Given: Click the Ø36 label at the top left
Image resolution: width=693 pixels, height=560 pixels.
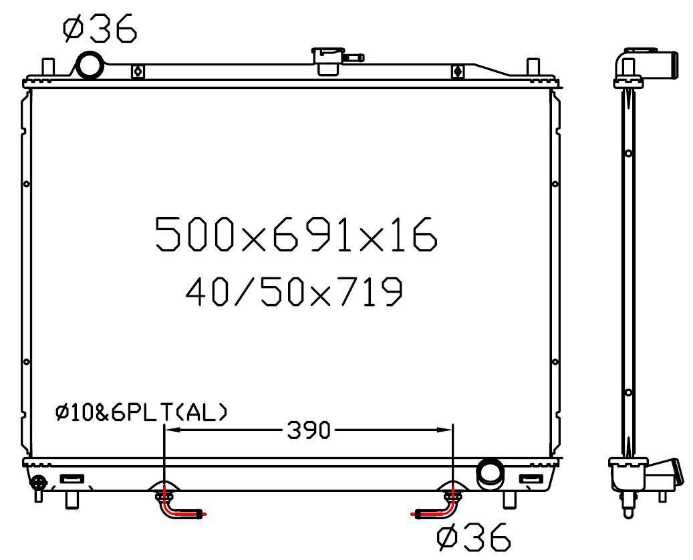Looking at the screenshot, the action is point(100,28).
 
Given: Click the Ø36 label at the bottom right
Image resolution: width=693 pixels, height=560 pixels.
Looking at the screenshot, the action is point(474,537).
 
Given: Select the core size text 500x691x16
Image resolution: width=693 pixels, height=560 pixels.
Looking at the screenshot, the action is point(297,235).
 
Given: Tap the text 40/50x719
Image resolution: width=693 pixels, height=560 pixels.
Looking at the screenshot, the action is point(294,291).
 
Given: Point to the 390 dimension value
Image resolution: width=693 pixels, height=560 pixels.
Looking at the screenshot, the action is point(309,430).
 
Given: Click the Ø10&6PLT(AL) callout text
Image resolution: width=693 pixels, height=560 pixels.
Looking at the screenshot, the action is point(142,412).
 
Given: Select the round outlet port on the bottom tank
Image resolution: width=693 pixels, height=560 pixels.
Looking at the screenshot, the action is point(490,473).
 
